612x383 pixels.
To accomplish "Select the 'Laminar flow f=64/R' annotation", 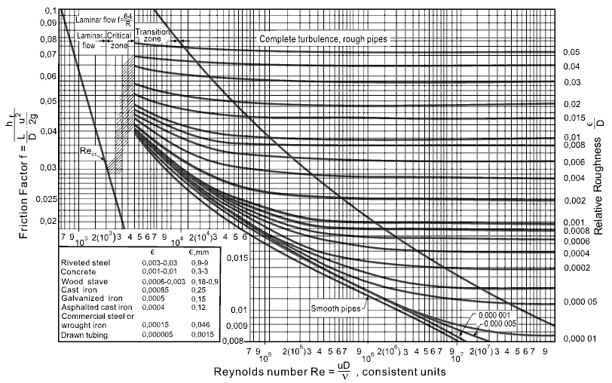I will click(x=104, y=17).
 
